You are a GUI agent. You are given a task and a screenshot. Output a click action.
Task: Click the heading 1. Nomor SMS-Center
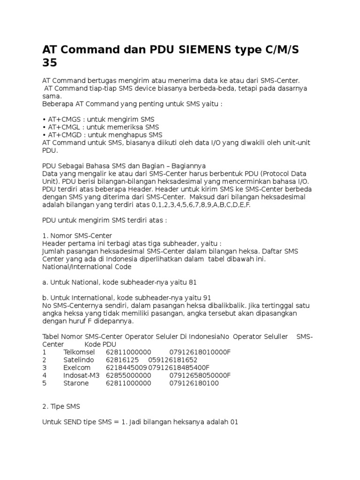77,235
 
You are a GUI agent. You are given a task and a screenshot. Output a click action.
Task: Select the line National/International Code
87,267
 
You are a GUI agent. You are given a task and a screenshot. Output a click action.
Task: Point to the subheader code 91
206,298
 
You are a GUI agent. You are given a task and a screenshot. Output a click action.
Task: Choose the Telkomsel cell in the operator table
79,352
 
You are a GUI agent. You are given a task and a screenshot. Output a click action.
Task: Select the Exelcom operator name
77,367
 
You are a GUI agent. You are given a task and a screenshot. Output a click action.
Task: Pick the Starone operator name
76,383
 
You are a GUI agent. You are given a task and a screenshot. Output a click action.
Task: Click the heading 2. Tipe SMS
64,406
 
